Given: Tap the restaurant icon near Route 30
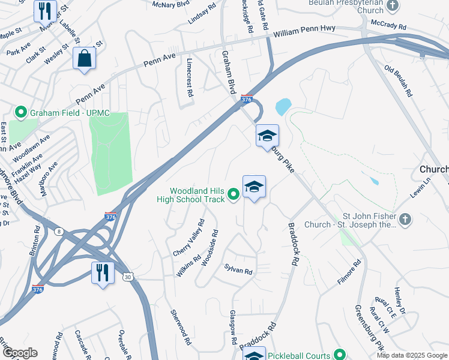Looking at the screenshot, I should coord(103,273).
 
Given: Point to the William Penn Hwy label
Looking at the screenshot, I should coord(303,31).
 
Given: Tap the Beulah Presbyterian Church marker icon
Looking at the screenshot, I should coord(393,6).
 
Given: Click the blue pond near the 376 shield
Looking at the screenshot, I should coord(282,107).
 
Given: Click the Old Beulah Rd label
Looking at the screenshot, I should coord(399,81).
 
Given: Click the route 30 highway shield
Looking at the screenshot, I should coord(128,277).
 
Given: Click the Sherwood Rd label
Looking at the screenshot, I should coord(180,328).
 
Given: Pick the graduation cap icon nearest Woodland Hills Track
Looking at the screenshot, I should coord(254,187).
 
